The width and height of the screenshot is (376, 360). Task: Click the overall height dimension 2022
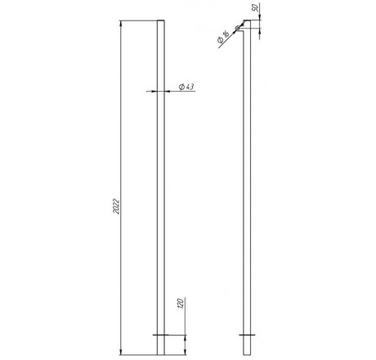[116, 206]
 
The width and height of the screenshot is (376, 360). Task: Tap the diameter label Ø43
[186, 87]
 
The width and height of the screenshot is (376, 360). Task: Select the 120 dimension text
[181, 304]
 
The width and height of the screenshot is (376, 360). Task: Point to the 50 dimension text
[255, 8]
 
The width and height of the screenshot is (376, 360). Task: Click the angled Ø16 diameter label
[223, 38]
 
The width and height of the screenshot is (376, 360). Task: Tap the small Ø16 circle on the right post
[238, 28]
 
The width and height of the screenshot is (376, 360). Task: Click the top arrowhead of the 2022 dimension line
[121, 24]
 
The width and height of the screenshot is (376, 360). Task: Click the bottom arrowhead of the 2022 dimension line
[121, 352]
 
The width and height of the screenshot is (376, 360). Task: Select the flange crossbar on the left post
[161, 335]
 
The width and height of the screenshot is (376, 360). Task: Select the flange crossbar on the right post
[247, 335]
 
